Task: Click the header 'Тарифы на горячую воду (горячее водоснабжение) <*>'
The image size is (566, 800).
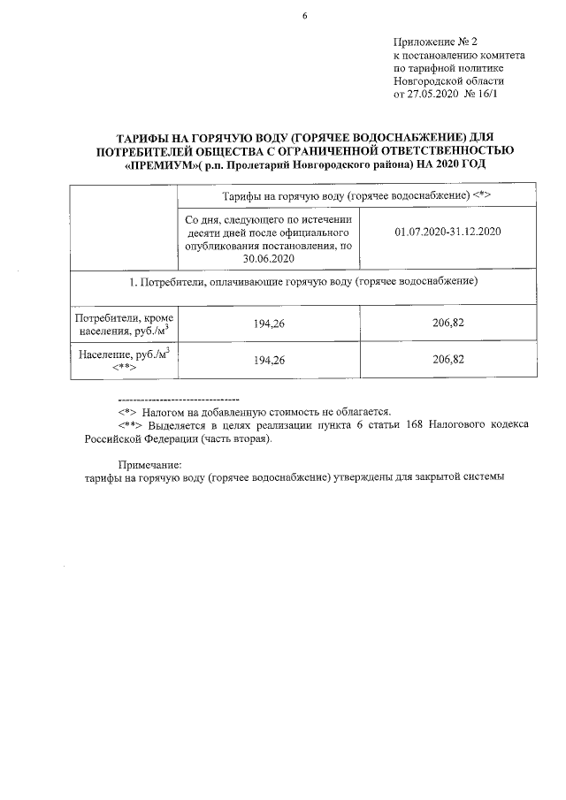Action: [x=358, y=194]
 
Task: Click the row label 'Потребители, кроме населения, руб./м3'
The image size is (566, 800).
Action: [x=123, y=323]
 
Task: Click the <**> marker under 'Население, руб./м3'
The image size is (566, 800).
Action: [x=123, y=368]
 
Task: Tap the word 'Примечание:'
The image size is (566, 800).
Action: [x=149, y=464]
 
